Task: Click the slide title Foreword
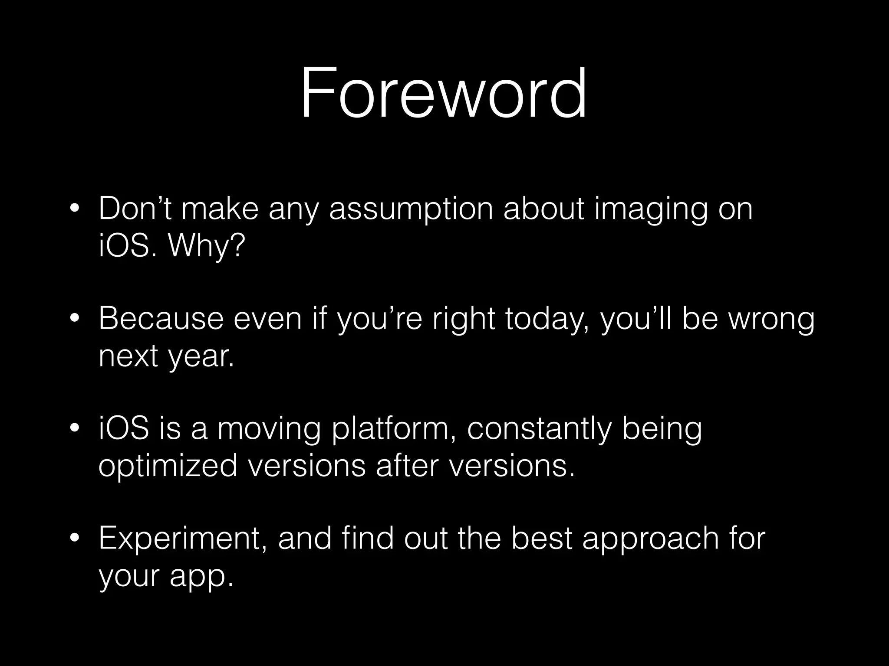pos(444,93)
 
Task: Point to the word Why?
pos(206,246)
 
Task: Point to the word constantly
pos(539,429)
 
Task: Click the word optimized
pos(168,466)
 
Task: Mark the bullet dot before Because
pos(75,319)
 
